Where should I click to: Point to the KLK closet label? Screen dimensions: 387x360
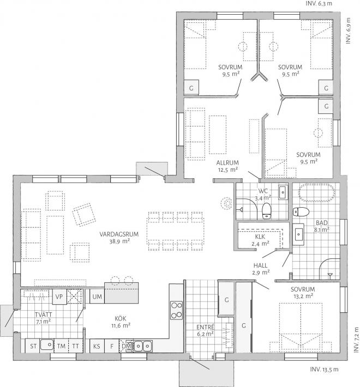coord(260,237)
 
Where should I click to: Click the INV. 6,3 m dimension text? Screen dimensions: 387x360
coord(319,3)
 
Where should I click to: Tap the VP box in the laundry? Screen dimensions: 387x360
coord(60,297)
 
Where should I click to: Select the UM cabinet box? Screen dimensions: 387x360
coord(97,297)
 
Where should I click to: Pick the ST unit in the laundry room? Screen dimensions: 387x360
coord(33,346)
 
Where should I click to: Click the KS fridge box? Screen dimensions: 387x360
coord(97,346)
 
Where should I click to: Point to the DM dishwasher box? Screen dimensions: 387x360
coord(126,346)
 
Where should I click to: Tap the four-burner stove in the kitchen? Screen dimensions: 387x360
coord(176,309)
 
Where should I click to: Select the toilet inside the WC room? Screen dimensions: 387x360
coord(266,210)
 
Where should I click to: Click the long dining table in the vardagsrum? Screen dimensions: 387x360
coord(175,229)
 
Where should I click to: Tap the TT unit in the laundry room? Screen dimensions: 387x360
coord(75,346)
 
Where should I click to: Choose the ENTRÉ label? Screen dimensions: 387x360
coord(205,327)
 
